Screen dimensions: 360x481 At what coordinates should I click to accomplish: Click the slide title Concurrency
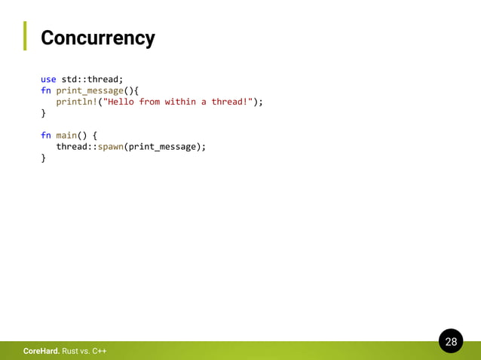click(98, 38)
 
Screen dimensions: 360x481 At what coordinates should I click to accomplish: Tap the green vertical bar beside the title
click(24, 35)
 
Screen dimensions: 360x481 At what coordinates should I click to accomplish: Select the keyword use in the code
click(48, 79)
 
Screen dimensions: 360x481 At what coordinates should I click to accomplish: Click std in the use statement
click(69, 79)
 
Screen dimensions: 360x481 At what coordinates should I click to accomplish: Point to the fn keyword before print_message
click(45, 90)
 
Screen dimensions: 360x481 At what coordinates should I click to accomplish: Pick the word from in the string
click(149, 102)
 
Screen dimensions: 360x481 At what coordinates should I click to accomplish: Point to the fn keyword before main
click(45, 136)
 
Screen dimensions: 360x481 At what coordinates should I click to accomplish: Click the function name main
click(66, 136)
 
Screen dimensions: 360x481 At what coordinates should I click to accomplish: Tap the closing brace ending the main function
click(43, 158)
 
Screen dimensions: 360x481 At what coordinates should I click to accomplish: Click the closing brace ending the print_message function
click(43, 113)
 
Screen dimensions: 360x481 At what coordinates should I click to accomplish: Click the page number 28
click(451, 342)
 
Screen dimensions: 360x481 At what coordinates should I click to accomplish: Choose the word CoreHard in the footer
click(41, 352)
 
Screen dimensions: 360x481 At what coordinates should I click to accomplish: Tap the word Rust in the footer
click(70, 352)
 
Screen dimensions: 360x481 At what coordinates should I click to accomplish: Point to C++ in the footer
click(98, 352)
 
